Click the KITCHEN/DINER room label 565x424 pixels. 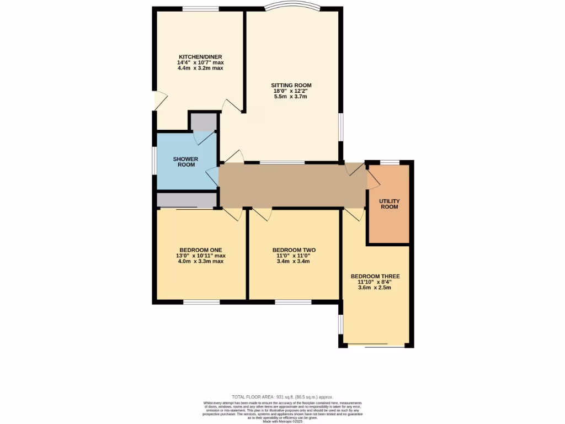tap(200, 57)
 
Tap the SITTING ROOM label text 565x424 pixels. tap(291, 85)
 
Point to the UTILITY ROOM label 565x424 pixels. tap(389, 204)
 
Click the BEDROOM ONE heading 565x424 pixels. tap(201, 249)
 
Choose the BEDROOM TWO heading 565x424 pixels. tap(294, 249)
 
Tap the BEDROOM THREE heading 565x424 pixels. tap(375, 276)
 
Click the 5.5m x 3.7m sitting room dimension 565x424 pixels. tap(290, 97)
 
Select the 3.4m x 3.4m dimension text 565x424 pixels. tap(294, 261)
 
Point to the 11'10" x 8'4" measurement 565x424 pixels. tap(375, 282)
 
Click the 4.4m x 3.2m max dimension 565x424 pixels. tap(200, 68)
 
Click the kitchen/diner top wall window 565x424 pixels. tap(200, 9)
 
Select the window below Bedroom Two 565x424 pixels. tap(293, 302)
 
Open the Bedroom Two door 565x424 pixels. tap(262, 214)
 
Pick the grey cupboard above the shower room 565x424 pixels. tap(204, 121)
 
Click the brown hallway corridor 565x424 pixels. tap(292, 185)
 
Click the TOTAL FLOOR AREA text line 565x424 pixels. tap(282, 397)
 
